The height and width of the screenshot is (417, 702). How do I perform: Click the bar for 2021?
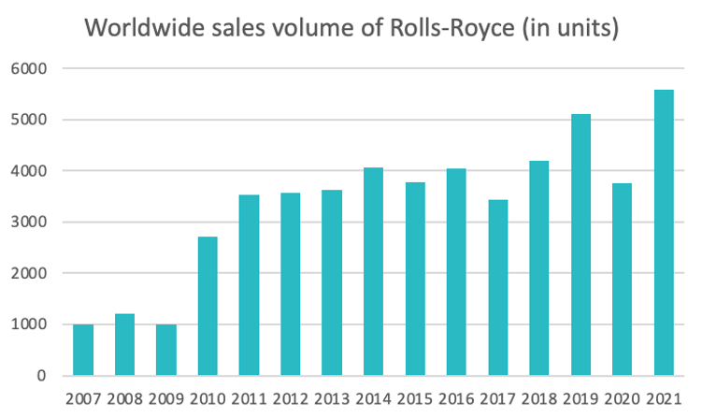click(x=664, y=233)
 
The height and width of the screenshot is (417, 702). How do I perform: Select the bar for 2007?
click(x=83, y=350)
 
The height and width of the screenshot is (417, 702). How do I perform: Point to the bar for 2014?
click(x=374, y=271)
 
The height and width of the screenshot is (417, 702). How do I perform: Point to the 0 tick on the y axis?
click(x=43, y=376)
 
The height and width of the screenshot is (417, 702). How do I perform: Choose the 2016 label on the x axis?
click(x=456, y=399)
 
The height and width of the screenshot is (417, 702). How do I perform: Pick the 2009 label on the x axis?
click(x=166, y=399)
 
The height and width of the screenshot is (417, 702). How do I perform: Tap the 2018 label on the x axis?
click(x=539, y=399)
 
